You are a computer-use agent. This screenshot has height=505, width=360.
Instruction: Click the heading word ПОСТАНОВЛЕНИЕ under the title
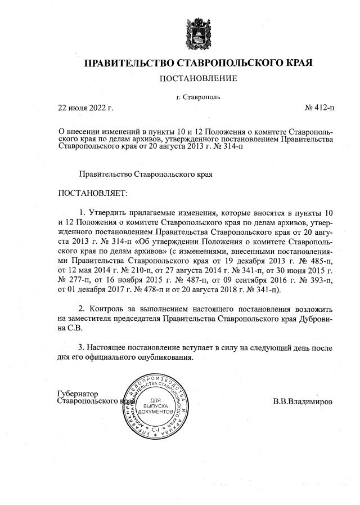click(x=198, y=78)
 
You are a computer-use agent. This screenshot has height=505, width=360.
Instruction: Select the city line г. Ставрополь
click(x=198, y=97)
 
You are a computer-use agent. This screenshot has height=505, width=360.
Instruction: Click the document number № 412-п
click(x=319, y=107)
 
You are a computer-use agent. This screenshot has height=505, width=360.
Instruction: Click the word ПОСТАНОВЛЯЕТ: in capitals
click(x=93, y=193)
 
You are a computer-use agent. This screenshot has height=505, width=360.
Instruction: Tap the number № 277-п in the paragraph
click(x=74, y=280)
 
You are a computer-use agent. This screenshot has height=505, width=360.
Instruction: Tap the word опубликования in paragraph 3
click(x=168, y=357)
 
